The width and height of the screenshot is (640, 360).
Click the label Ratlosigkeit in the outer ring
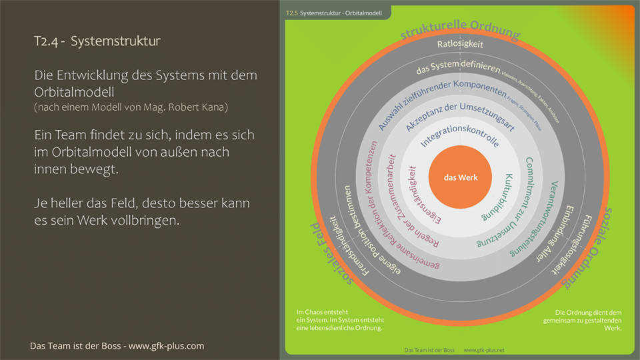tap(460, 45)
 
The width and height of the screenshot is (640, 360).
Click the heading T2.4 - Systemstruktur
tap(97, 41)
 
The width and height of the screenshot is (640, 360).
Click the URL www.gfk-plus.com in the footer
tap(166, 346)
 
